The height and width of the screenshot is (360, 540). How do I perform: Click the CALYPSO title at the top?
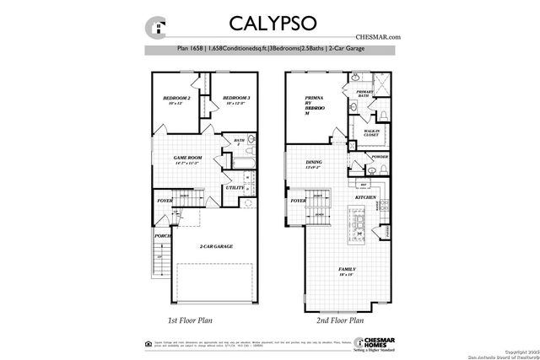[x=269, y=23]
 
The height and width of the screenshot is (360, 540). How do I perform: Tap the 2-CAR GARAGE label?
[x=216, y=246]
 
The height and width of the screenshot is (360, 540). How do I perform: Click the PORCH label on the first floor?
[x=161, y=235]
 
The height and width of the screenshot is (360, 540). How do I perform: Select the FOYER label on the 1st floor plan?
[x=165, y=201]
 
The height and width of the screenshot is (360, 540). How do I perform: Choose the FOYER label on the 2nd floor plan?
[x=298, y=201]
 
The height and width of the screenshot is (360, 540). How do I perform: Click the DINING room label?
[x=315, y=164]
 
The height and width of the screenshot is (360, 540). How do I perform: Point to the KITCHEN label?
[x=364, y=196]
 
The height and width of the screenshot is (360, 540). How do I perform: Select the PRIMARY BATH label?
[x=364, y=94]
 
